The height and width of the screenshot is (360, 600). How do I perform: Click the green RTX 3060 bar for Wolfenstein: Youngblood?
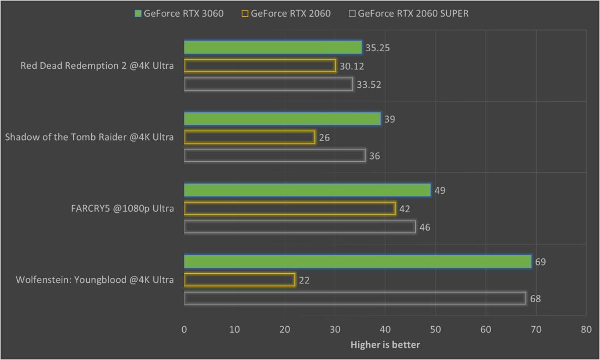pyautogui.click(x=357, y=262)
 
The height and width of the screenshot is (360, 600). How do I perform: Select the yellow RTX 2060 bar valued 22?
pyautogui.click(x=239, y=280)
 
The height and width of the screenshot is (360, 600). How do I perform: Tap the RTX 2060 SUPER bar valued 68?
pyautogui.click(x=355, y=298)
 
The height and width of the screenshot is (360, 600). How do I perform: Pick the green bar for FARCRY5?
pyautogui.click(x=307, y=191)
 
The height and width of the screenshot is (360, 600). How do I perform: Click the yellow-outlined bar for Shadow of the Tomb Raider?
pyautogui.click(x=249, y=137)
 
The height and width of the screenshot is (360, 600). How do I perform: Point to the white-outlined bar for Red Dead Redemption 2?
pyautogui.click(x=268, y=84)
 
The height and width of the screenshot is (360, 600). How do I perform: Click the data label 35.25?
pyautogui.click(x=378, y=48)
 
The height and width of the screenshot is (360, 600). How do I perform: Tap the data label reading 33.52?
pyautogui.click(x=369, y=84)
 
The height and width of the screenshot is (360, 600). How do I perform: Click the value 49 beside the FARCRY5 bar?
pyautogui.click(x=440, y=191)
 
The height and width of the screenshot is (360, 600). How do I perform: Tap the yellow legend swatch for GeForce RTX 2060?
pyautogui.click(x=245, y=13)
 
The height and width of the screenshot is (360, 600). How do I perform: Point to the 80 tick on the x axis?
pyautogui.click(x=586, y=329)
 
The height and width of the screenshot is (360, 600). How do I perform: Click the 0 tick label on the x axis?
pyautogui.click(x=184, y=329)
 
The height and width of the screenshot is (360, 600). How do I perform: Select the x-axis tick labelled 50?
pyautogui.click(x=436, y=329)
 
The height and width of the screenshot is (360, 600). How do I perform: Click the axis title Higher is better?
pyautogui.click(x=385, y=345)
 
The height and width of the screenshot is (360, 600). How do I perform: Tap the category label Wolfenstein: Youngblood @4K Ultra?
pyautogui.click(x=95, y=280)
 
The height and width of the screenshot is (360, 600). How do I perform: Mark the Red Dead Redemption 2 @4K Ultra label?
pyautogui.click(x=97, y=66)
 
